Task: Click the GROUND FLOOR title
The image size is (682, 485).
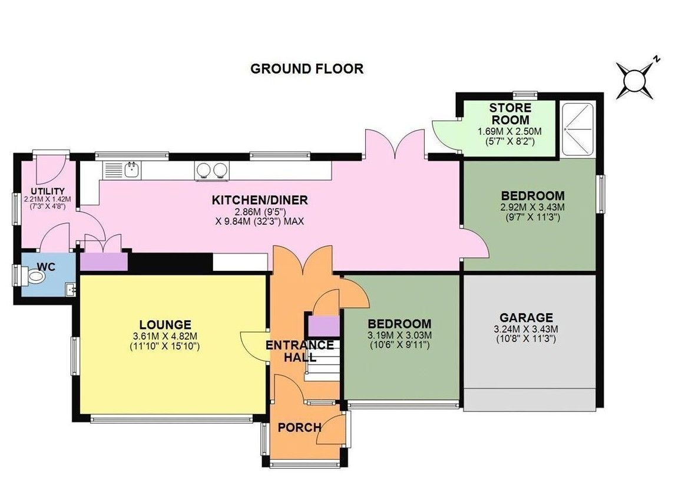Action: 307,69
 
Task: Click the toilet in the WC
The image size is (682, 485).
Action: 34,276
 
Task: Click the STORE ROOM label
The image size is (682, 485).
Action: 510,114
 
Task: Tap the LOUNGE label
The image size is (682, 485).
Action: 165,325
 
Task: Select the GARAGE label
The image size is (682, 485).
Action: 527,318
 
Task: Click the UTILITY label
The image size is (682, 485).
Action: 47,191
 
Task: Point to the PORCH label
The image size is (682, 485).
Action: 300,427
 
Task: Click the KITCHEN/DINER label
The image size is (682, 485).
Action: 260,200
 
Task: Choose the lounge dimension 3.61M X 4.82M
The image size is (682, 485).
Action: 165,336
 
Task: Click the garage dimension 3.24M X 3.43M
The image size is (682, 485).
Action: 527,329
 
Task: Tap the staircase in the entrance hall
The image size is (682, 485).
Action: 322,359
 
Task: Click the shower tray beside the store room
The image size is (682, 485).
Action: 578,129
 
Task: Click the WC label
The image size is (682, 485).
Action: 46,267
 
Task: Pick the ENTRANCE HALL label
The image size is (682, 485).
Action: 300,351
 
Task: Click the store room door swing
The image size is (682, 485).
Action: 446,135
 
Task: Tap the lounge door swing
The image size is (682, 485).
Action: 254,346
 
